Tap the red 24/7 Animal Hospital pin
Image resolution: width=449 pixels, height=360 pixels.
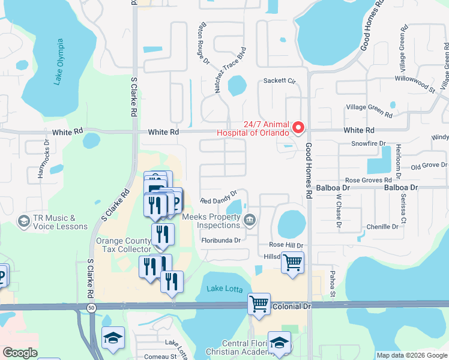click(x=298, y=128)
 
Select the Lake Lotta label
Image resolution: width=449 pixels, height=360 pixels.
click(x=223, y=289)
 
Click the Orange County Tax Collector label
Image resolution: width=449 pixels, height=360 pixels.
click(x=124, y=245)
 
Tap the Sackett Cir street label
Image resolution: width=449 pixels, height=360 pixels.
click(x=280, y=80)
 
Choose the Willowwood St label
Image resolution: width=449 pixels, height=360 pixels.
click(x=415, y=83)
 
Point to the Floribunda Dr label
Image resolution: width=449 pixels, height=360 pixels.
click(x=221, y=240)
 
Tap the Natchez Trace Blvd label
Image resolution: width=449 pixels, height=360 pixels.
click(x=231, y=70)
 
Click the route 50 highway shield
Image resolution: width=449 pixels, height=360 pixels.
click(x=91, y=307)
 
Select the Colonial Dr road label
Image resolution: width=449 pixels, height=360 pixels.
click(x=292, y=306)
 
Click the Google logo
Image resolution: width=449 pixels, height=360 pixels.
click(x=20, y=353)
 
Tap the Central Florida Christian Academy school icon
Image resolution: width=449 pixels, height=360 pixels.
click(x=279, y=343)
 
